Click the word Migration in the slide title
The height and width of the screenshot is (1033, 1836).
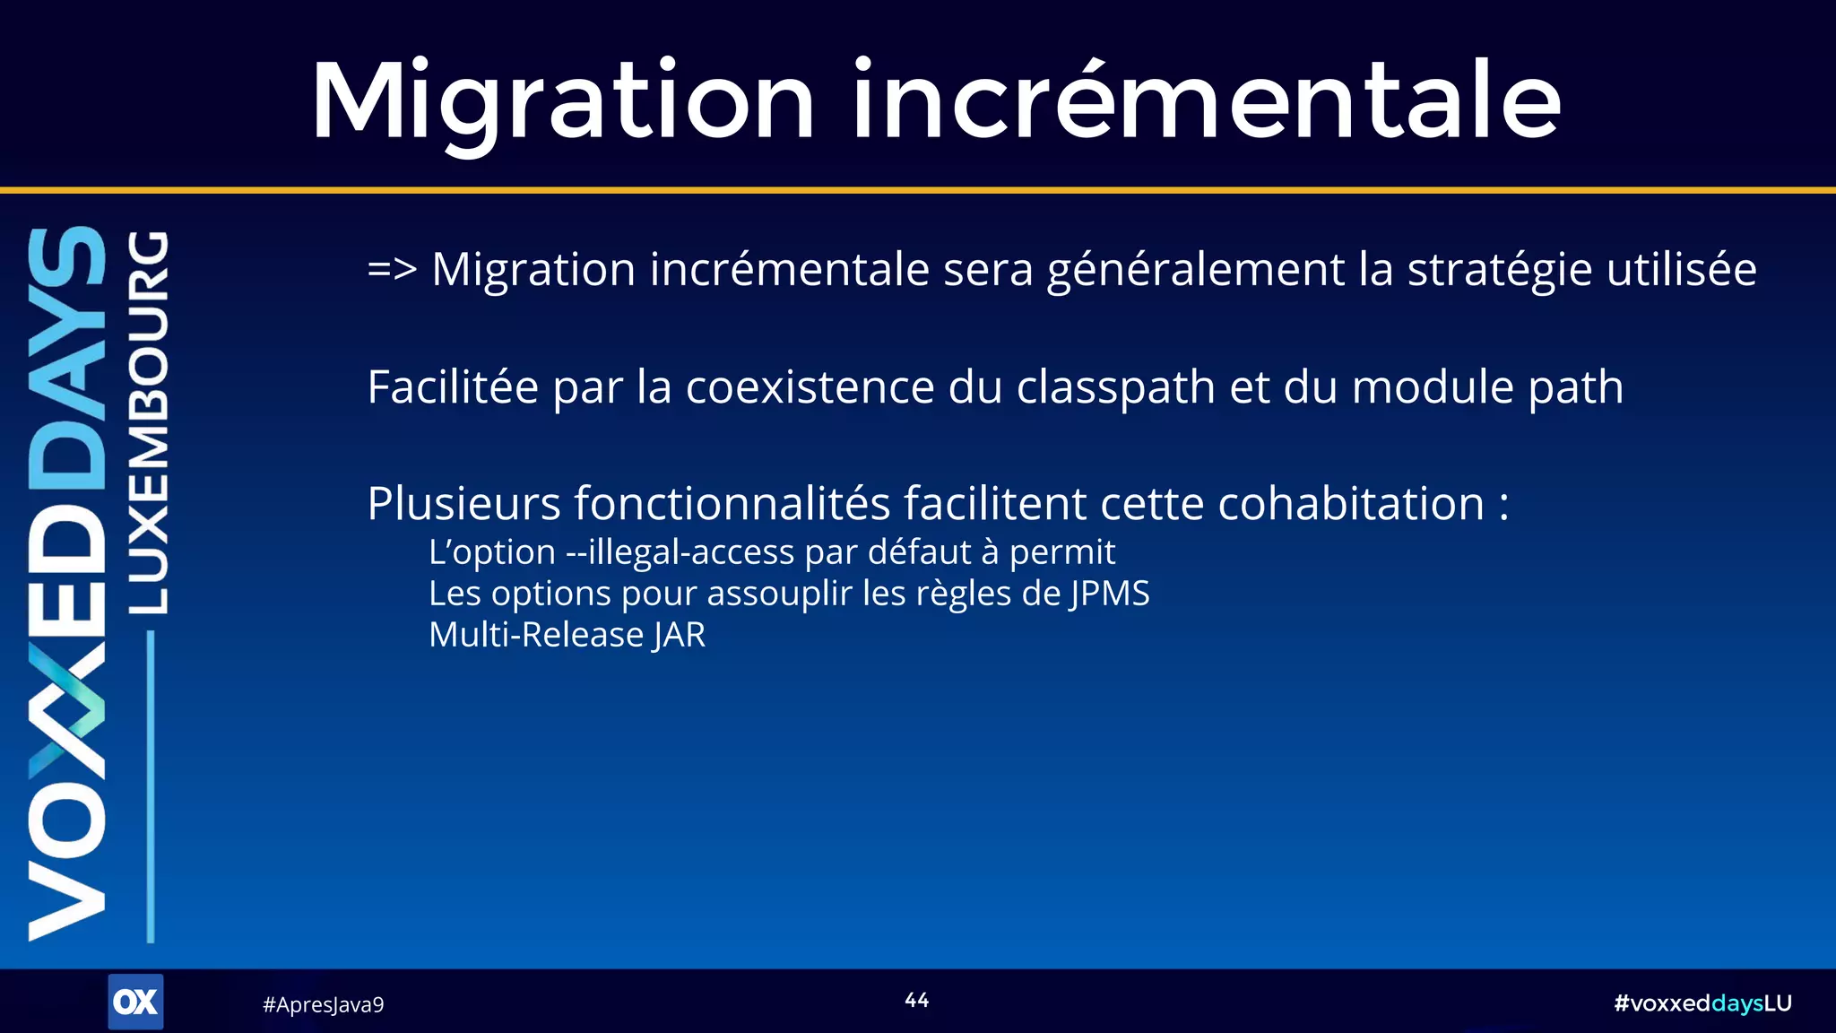tap(563, 100)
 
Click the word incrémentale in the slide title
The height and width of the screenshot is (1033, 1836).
tap(1207, 100)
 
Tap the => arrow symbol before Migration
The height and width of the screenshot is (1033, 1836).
tap(392, 269)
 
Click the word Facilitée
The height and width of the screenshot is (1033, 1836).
tap(453, 387)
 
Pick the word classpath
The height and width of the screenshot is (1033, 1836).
tap(1116, 387)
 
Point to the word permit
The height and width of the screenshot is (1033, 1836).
tap(1062, 552)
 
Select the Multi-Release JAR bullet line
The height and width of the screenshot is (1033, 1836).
tap(567, 635)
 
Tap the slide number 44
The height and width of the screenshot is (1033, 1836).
tap(916, 1000)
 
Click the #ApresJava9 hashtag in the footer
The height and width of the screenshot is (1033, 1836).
tap(323, 1004)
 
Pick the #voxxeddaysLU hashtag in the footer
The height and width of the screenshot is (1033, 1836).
tap(1702, 1003)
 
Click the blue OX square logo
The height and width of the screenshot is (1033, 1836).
tap(135, 1002)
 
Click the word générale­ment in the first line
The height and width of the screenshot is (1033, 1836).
tap(1195, 269)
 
